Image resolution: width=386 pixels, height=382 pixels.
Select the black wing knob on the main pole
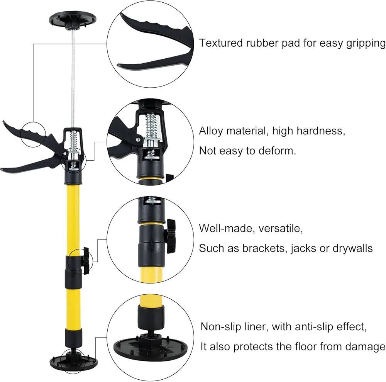[86, 261]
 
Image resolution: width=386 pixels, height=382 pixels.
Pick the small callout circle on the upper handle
[33, 134]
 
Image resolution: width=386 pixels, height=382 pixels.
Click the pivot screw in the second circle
[137, 140]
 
